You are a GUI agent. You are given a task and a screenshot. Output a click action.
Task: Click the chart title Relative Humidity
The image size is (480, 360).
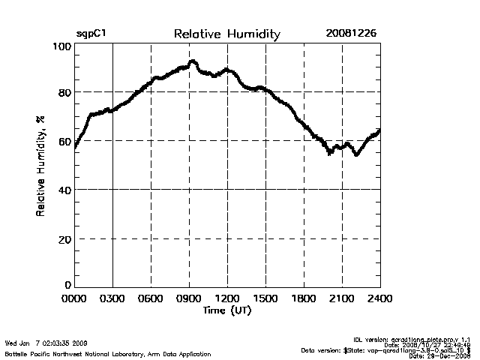(226, 34)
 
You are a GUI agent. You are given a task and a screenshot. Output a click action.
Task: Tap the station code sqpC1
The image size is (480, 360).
(91, 34)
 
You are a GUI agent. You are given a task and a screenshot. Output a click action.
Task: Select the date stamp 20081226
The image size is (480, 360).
(350, 34)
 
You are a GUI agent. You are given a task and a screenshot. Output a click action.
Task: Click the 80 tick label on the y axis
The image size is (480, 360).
(64, 92)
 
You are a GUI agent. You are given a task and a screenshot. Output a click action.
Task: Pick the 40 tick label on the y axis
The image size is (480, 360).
(64, 190)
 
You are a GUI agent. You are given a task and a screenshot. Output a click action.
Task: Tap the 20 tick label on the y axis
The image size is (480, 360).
(64, 238)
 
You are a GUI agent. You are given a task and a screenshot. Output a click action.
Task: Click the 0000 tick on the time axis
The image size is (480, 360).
(74, 298)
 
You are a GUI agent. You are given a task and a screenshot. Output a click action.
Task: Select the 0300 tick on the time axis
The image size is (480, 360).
(112, 298)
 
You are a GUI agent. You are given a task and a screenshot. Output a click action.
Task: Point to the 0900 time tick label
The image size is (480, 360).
(189, 298)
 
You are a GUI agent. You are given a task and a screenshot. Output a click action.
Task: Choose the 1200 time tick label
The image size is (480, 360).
(227, 298)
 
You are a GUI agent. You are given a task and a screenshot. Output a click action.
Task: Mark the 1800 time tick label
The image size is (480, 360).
(304, 298)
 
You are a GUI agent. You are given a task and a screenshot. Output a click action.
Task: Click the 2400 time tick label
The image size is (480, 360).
(379, 298)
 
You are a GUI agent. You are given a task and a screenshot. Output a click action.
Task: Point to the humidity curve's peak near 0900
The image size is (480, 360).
(193, 62)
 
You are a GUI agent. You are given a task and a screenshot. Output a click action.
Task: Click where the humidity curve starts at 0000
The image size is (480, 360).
(75, 147)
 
